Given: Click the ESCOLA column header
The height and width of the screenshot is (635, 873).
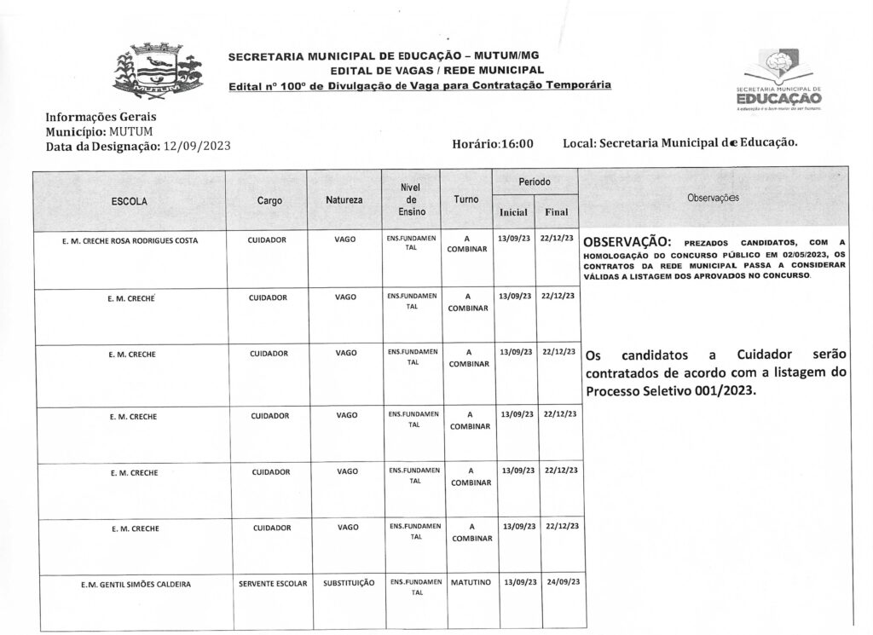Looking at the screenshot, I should coord(130,201).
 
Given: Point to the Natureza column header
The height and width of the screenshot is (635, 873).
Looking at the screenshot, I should coord(344,201).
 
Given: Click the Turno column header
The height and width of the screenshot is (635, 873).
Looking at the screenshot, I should coord(466,199).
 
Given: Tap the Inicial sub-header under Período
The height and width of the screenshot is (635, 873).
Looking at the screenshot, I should coord(514,212).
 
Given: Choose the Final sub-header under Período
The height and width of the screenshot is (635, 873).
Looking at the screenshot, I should coord(556,212).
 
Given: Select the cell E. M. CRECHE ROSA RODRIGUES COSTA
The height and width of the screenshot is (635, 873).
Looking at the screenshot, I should coord(130,240).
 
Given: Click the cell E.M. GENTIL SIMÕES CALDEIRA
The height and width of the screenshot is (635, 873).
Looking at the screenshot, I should coord(130,584).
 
